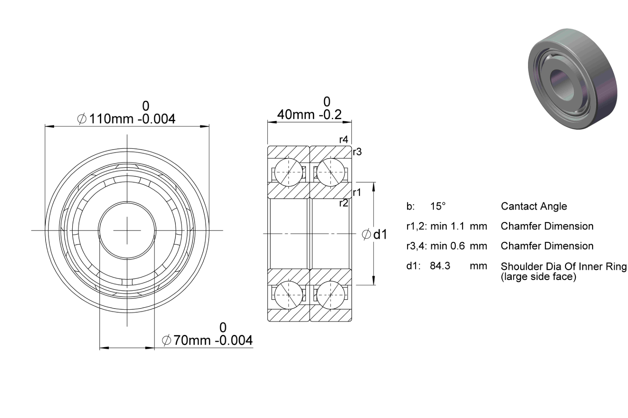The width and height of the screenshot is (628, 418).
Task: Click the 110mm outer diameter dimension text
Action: pyautogui.click(x=126, y=119)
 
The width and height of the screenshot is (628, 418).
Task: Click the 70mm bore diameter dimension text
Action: pyautogui.click(x=207, y=340)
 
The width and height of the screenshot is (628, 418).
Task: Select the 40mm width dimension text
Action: pyautogui.click(x=309, y=114)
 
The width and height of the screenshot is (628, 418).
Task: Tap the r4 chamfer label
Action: pyautogui.click(x=343, y=140)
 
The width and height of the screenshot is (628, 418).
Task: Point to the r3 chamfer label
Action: pyautogui.click(x=357, y=152)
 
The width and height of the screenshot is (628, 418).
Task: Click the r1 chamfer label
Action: pyautogui.click(x=356, y=193)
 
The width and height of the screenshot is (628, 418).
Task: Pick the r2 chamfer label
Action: pyautogui.click(x=343, y=203)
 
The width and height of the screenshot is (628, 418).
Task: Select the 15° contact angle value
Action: pyautogui.click(x=438, y=206)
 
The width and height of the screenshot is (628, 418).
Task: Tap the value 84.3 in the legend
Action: pyautogui.click(x=440, y=266)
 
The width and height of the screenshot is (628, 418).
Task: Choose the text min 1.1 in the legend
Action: pyautogui.click(x=448, y=226)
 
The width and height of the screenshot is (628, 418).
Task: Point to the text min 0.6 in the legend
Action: pyautogui.click(x=448, y=246)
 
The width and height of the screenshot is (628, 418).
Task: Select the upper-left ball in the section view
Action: pyautogui.click(x=289, y=172)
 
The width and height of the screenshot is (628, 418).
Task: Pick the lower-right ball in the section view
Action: pyautogui.click(x=331, y=295)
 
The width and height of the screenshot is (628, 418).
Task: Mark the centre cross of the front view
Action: pyautogui.click(x=127, y=230)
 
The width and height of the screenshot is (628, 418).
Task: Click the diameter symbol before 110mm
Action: pyautogui.click(x=81, y=119)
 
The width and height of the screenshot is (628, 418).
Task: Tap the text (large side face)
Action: pyautogui.click(x=538, y=277)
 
